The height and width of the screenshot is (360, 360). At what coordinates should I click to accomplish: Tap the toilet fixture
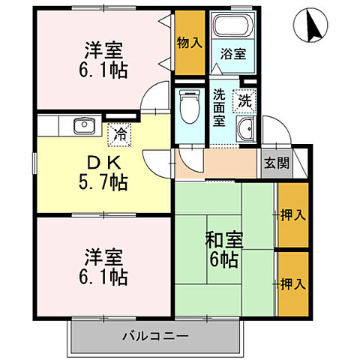click(x=190, y=106)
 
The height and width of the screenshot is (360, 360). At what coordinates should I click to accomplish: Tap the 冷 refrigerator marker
click(x=119, y=135)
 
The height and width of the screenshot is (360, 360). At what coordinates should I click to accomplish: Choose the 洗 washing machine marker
click(x=245, y=98)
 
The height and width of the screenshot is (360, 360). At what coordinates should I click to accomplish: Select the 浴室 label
click(x=232, y=55)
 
